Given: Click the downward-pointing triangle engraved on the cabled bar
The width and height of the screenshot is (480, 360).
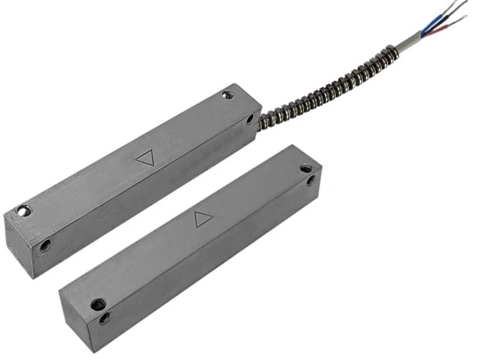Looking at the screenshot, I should [x=145, y=158].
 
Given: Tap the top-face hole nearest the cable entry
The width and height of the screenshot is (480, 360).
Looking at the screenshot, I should [x=227, y=95].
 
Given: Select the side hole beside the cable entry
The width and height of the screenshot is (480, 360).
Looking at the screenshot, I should [x=250, y=119].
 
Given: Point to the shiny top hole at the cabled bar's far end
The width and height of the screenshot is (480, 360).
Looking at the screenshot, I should [x=23, y=211].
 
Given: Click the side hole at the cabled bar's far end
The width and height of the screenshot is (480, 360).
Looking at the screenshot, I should [x=45, y=245].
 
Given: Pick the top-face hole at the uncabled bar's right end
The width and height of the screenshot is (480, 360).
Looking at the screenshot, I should [x=306, y=169].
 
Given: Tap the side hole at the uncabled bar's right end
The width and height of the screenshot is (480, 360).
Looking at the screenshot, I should [x=310, y=179].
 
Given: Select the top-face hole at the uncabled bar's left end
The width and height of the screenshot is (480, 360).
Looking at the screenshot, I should [x=98, y=304].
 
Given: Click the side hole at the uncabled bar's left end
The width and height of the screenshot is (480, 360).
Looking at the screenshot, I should [x=105, y=318].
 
